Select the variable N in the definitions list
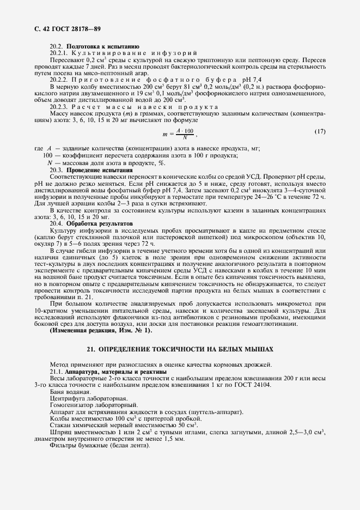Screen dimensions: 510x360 pos(50,162)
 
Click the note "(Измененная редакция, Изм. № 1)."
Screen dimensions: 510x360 pos(101,330)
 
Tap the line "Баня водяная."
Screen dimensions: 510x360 pos(71,392)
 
